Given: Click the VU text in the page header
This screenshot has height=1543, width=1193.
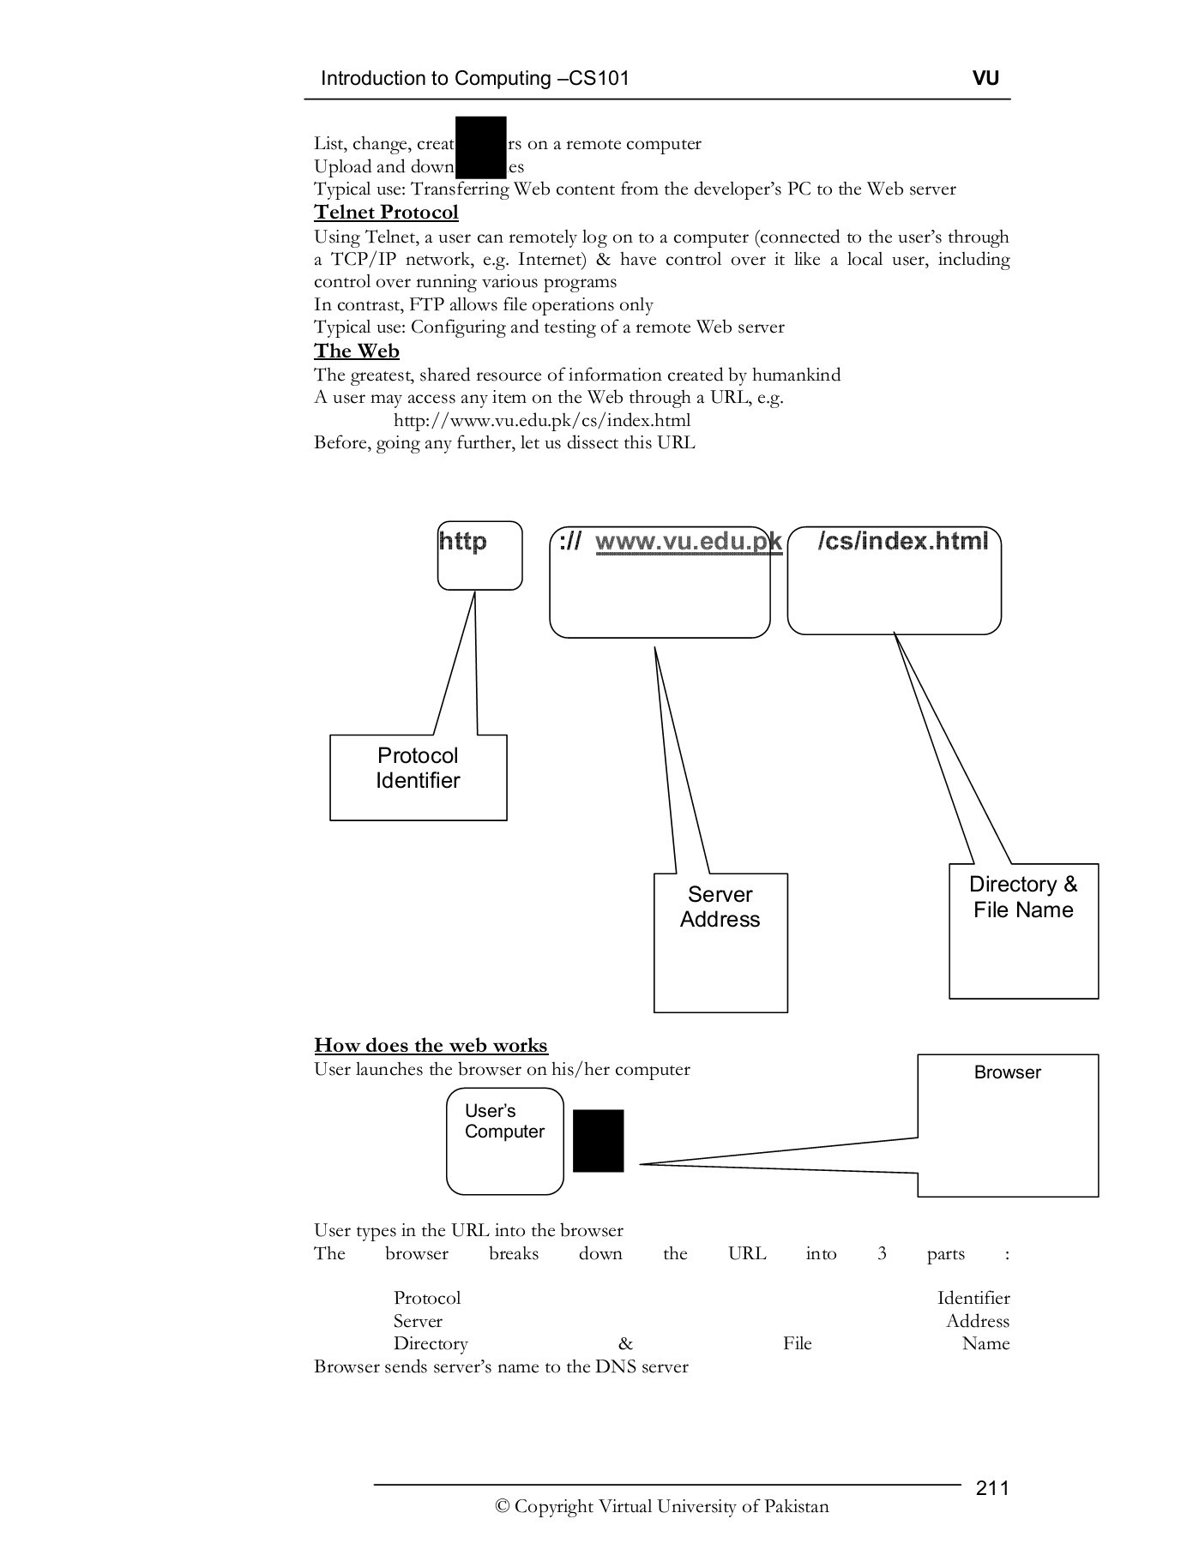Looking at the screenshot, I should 985,78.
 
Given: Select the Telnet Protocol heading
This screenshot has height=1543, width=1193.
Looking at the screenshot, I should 386,213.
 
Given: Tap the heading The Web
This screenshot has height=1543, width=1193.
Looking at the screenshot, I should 356,351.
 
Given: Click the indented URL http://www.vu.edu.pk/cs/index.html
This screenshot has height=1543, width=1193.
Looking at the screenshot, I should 541,421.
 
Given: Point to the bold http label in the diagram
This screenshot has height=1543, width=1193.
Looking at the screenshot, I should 463,542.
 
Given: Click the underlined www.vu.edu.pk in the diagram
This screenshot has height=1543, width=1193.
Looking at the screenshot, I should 688,542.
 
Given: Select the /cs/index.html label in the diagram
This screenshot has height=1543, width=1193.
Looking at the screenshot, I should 902,541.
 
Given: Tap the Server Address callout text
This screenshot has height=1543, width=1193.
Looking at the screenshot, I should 720,907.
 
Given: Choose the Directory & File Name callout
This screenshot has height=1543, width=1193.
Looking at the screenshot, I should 1022,898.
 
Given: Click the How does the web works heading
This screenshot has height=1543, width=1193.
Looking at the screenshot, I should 431,1046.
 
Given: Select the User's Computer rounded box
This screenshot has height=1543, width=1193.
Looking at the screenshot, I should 504,1140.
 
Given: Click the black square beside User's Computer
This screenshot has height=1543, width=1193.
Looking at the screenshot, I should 598,1140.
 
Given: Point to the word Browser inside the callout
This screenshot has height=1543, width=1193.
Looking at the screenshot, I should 1007,1072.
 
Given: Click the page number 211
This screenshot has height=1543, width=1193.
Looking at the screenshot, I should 992,1488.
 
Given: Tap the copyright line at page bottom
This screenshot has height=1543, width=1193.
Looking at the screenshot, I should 661,1507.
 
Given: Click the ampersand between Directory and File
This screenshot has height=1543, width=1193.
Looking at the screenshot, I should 625,1344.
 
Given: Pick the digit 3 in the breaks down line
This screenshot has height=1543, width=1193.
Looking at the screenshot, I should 882,1254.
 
